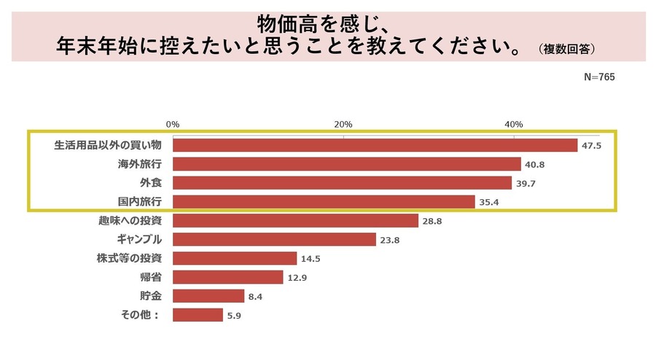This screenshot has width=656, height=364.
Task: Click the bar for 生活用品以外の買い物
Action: pyautogui.click(x=375, y=145)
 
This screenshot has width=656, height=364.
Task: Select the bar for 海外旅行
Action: pyautogui.click(x=346, y=164)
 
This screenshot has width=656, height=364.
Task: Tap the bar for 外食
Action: pyautogui.click(x=342, y=183)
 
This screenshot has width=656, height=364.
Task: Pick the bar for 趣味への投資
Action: pyautogui.click(x=295, y=220)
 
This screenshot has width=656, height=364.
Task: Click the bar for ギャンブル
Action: pyautogui.click(x=274, y=239)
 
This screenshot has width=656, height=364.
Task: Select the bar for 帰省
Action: pyautogui.click(x=227, y=277)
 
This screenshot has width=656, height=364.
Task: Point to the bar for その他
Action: pyautogui.click(x=198, y=315)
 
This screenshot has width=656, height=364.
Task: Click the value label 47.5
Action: pyautogui.click(x=591, y=145)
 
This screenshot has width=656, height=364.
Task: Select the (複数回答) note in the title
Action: pyautogui.click(x=568, y=50)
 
